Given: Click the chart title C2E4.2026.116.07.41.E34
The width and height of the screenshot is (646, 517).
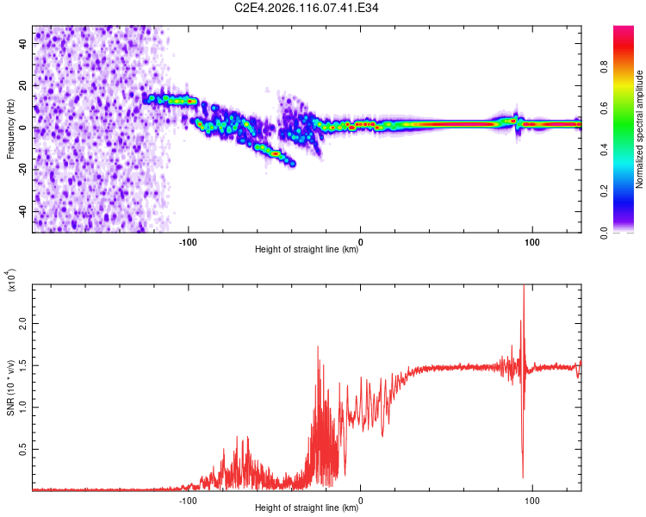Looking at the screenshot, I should pyautogui.click(x=307, y=8).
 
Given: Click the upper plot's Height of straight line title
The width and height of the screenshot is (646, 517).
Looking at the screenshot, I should pyautogui.click(x=307, y=249).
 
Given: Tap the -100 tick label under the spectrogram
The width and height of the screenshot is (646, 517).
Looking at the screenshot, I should pyautogui.click(x=189, y=240).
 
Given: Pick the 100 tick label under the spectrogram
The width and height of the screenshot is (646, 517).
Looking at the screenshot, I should pyautogui.click(x=532, y=240).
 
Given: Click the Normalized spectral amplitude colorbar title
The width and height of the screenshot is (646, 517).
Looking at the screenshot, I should pyautogui.click(x=639, y=129).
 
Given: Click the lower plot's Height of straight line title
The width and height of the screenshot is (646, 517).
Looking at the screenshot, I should pyautogui.click(x=307, y=508).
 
